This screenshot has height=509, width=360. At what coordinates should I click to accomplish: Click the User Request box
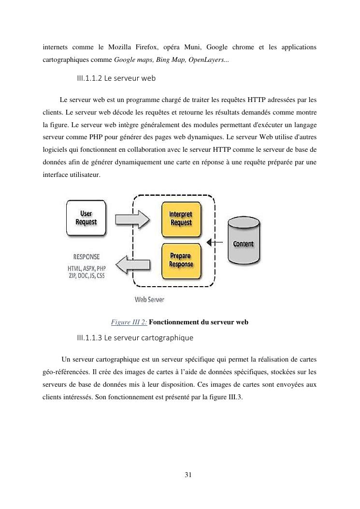86,218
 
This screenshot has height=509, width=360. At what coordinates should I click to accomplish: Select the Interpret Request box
180,218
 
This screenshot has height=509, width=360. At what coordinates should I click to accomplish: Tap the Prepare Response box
180,261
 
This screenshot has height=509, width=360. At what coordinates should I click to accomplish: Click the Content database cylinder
244,243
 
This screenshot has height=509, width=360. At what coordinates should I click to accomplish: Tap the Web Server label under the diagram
149,299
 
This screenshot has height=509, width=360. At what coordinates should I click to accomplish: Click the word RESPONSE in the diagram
86,257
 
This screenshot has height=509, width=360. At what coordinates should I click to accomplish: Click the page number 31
188,475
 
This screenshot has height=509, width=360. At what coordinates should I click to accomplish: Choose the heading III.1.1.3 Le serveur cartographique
135,336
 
